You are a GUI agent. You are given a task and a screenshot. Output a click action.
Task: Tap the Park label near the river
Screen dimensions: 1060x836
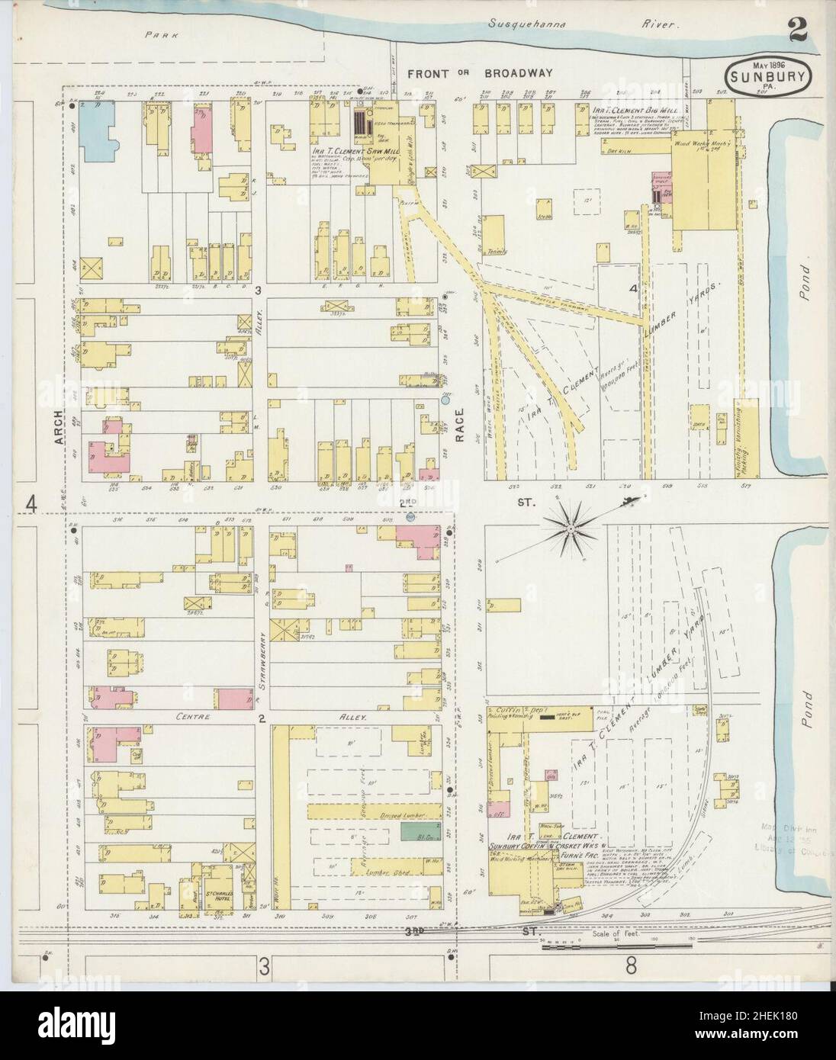[159, 34]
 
